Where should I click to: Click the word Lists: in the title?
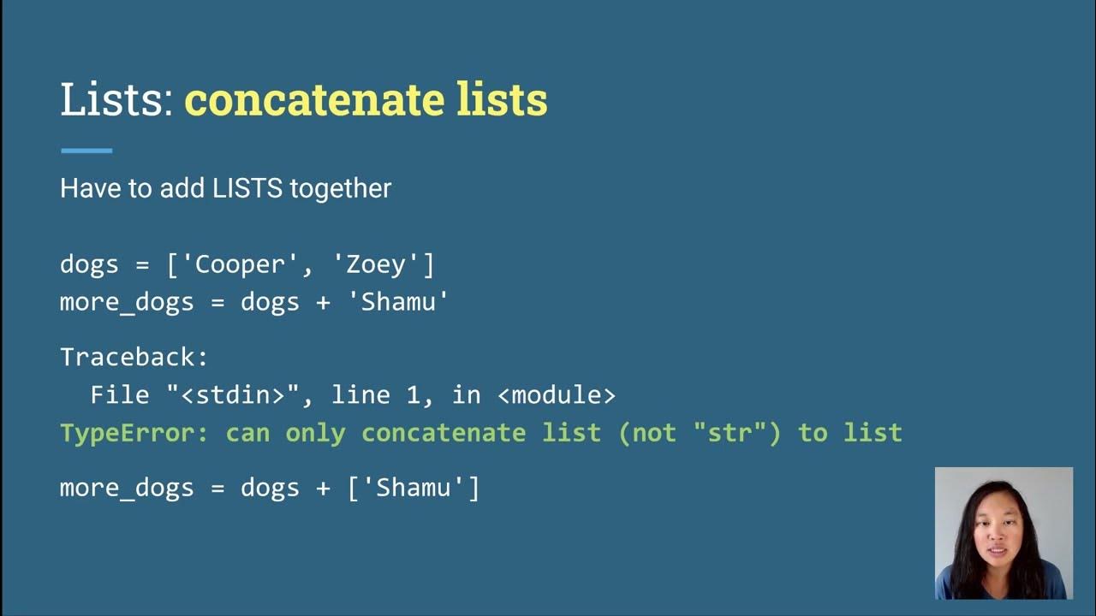pyautogui.click(x=117, y=100)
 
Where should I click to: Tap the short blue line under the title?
pyautogui.click(x=86, y=151)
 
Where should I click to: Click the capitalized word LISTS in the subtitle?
pyautogui.click(x=248, y=188)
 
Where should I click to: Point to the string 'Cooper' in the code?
pyautogui.click(x=241, y=264)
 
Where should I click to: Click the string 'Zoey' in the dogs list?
pyautogui.click(x=376, y=264)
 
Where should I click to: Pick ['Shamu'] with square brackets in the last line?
pyautogui.click(x=414, y=489)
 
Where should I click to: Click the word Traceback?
pyautogui.click(x=134, y=357)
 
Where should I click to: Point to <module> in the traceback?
pyautogui.click(x=557, y=394)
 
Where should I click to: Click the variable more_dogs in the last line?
pyautogui.click(x=127, y=489)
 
